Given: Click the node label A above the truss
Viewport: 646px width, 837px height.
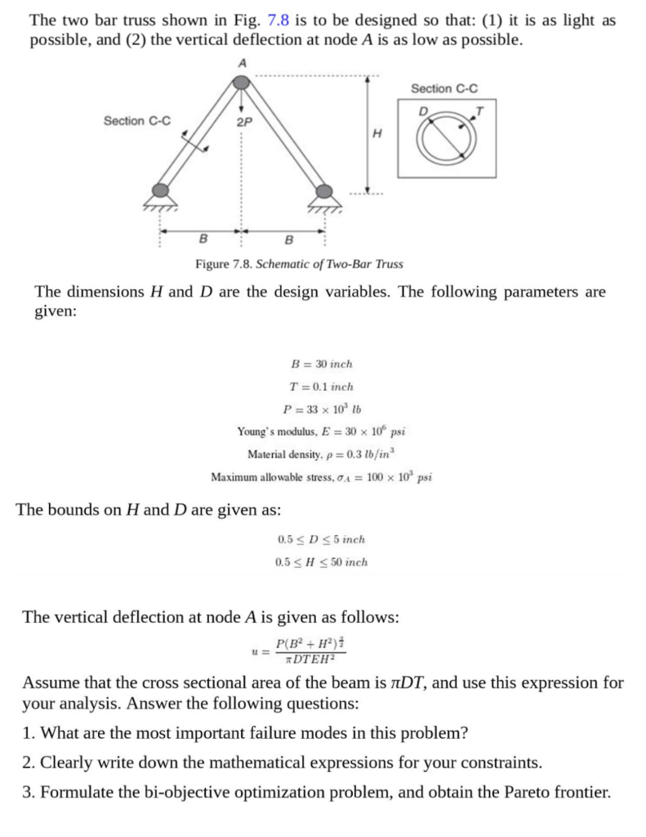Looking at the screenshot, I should pyautogui.click(x=242, y=63).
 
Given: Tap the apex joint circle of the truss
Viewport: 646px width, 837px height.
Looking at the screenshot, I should pyautogui.click(x=241, y=82).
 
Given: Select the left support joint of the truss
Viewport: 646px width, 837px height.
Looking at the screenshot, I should pyautogui.click(x=160, y=191).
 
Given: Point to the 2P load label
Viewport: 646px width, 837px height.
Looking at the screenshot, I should pyautogui.click(x=243, y=123).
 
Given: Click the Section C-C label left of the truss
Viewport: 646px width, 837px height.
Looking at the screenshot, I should pyautogui.click(x=137, y=121).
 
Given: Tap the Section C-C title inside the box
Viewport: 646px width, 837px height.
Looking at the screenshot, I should pyautogui.click(x=444, y=88).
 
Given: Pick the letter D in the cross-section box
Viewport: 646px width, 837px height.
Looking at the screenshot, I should pyautogui.click(x=422, y=111).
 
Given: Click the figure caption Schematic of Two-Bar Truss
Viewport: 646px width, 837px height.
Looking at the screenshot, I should pyautogui.click(x=299, y=264).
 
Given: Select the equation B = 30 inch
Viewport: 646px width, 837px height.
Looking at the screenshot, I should pyautogui.click(x=322, y=364).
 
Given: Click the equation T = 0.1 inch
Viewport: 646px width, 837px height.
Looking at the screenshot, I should pyautogui.click(x=322, y=387).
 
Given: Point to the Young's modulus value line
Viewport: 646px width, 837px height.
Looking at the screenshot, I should pyautogui.click(x=322, y=431).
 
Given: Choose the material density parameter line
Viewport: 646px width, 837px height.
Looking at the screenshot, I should pyautogui.click(x=322, y=454).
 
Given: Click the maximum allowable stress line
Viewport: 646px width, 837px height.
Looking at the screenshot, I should pyautogui.click(x=322, y=477).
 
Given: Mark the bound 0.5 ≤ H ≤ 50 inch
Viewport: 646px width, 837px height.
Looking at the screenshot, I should pyautogui.click(x=322, y=562).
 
